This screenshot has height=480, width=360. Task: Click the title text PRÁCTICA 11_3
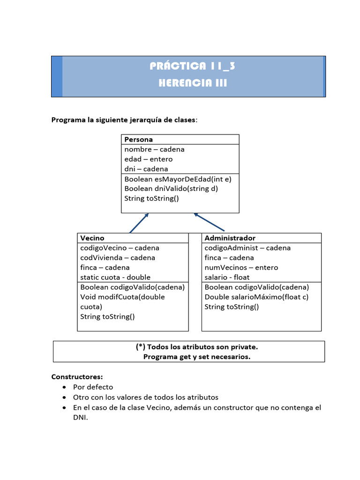[x=193, y=66]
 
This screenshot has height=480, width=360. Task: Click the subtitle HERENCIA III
[x=193, y=83]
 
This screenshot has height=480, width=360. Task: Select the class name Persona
[x=138, y=139]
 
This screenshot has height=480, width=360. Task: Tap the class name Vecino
[x=92, y=238]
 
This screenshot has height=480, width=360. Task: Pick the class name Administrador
[x=230, y=238]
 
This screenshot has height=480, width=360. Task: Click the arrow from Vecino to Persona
[x=139, y=223]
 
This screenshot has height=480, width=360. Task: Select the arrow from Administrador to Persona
[x=209, y=223]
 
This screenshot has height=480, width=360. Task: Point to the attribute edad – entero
[x=148, y=159]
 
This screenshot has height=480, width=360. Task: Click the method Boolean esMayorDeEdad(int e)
[x=178, y=179]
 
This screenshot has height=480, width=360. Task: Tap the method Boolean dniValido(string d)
[x=171, y=188]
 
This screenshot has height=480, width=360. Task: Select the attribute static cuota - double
[x=115, y=277]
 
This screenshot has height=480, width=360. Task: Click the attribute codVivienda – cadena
[x=117, y=257]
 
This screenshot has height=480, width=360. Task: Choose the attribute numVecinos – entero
[x=241, y=267]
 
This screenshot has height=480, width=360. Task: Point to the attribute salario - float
[x=227, y=277]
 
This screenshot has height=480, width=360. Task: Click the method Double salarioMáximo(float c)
[x=256, y=297]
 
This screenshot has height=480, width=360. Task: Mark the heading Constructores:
[x=77, y=376]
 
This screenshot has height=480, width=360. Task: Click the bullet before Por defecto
[x=64, y=387]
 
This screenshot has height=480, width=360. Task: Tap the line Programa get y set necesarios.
[x=197, y=357]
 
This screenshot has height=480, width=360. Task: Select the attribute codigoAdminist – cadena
[x=247, y=247]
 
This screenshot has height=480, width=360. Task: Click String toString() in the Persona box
[x=151, y=198]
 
